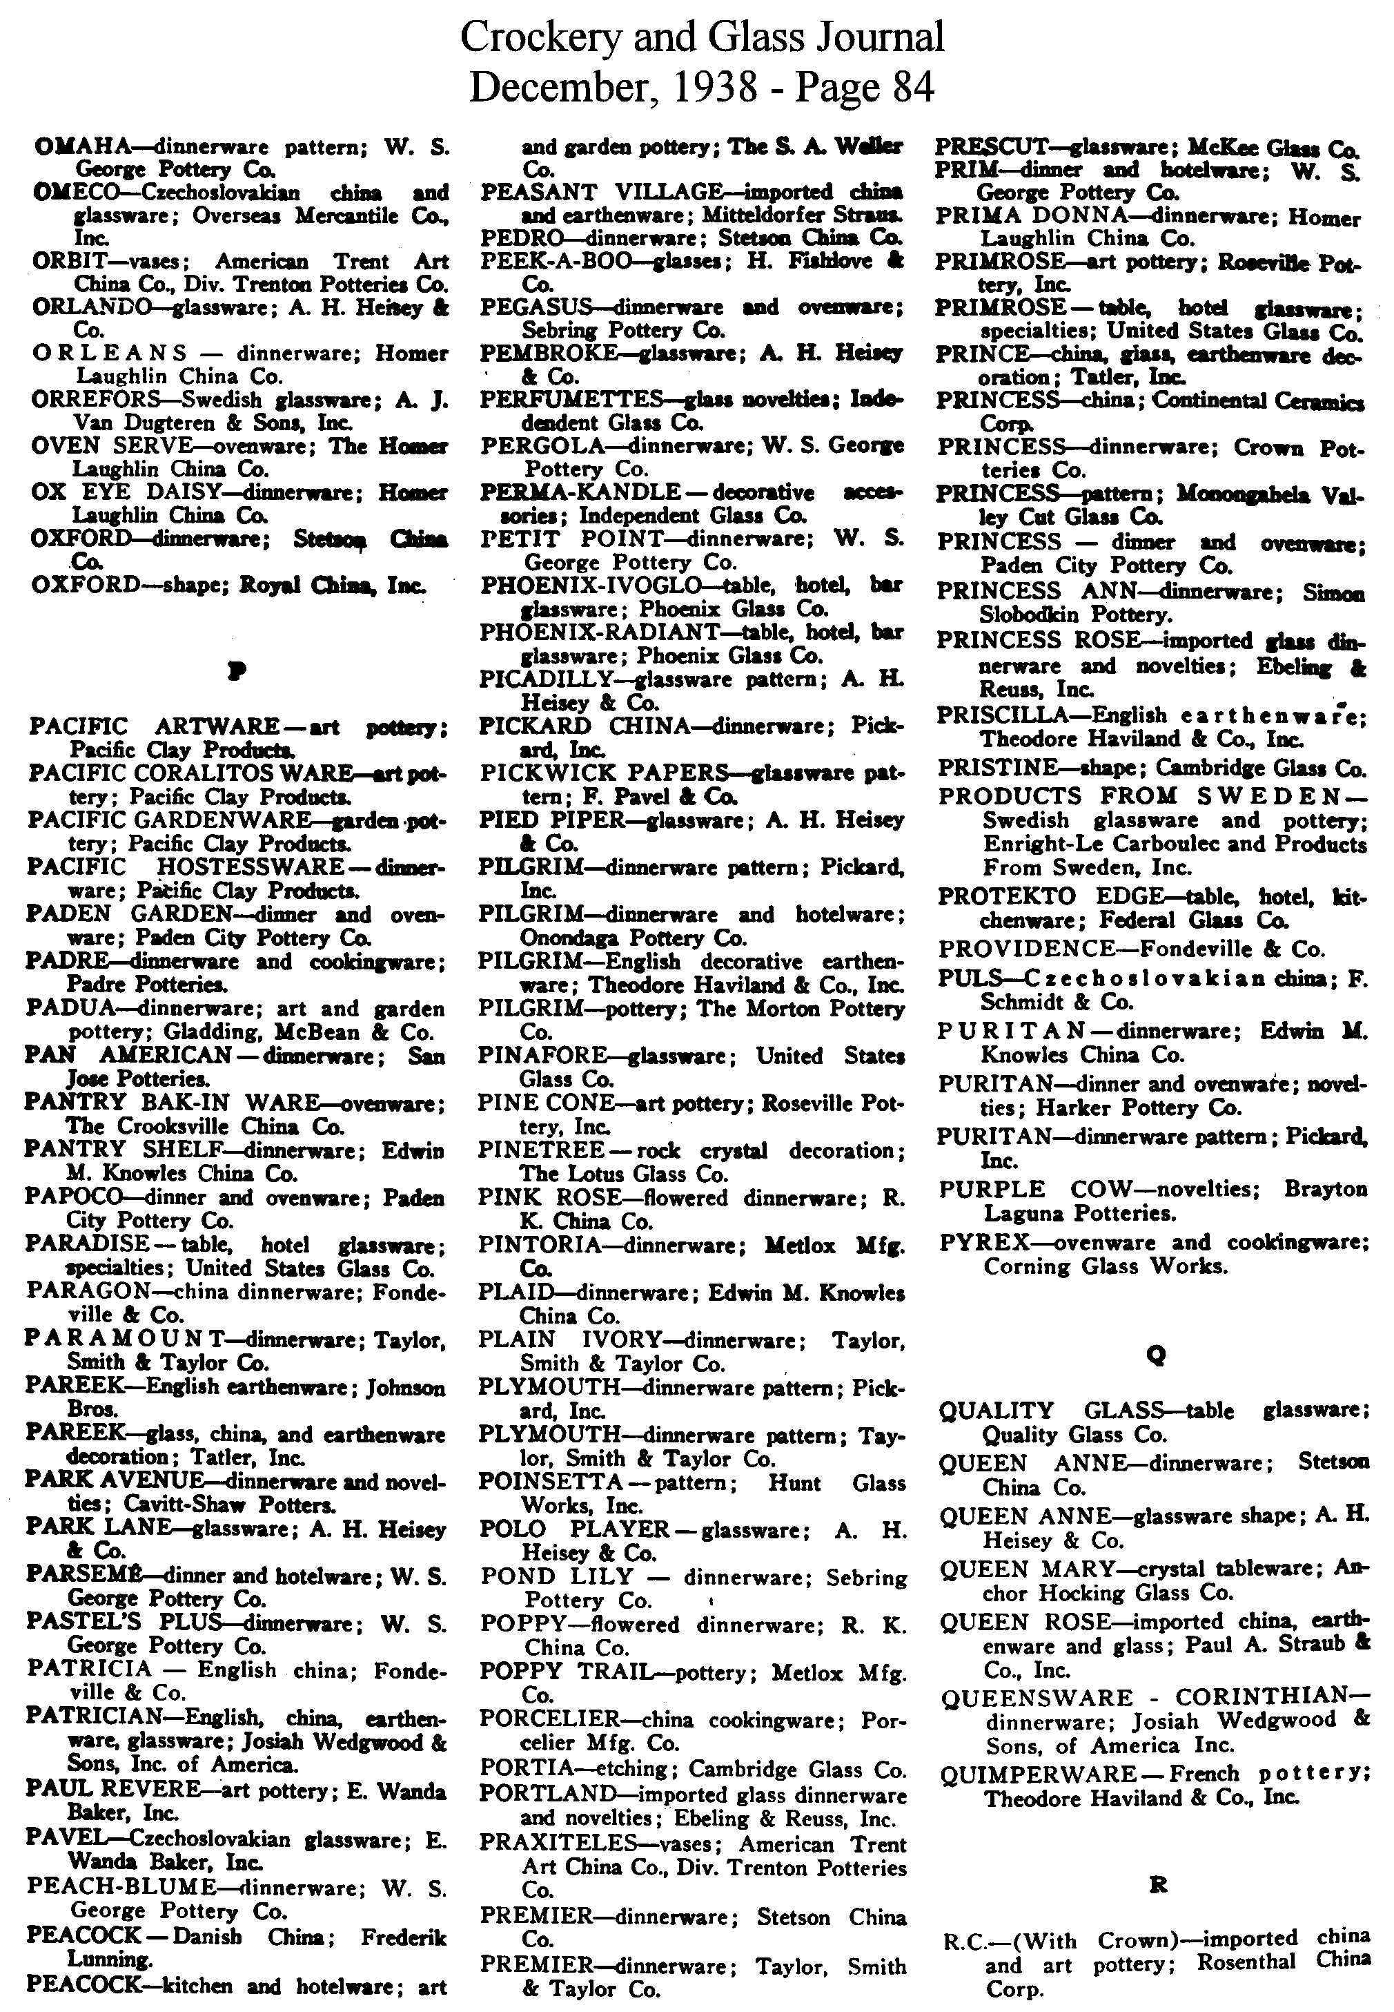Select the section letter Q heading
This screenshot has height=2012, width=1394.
1155,1355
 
